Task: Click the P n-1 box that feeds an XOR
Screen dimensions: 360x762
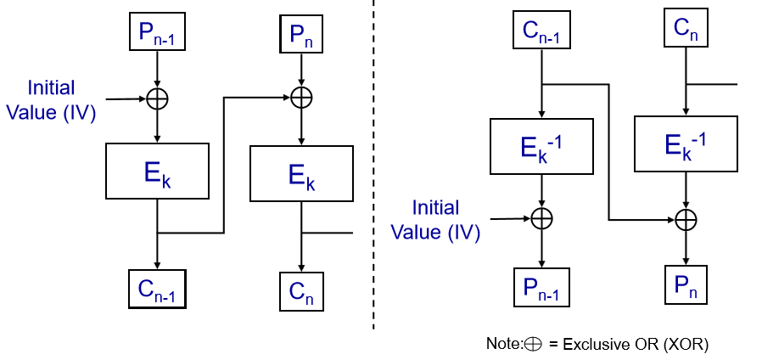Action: coord(157,31)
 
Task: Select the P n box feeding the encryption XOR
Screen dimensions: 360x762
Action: coord(300,33)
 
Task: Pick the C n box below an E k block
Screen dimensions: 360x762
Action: coord(300,291)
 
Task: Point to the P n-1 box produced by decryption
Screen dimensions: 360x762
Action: coord(541,287)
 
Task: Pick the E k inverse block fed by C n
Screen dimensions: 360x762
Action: coord(686,144)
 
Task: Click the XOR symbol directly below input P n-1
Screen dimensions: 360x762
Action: coord(157,98)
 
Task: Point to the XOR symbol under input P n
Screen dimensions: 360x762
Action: coord(300,98)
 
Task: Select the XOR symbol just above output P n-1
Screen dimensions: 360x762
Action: coord(541,219)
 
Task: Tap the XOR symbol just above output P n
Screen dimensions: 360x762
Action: coord(686,219)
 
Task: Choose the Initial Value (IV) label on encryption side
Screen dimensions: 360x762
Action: coord(51,99)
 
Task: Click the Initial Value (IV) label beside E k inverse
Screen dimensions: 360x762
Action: coord(435,220)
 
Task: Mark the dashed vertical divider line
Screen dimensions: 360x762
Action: coord(373,170)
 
